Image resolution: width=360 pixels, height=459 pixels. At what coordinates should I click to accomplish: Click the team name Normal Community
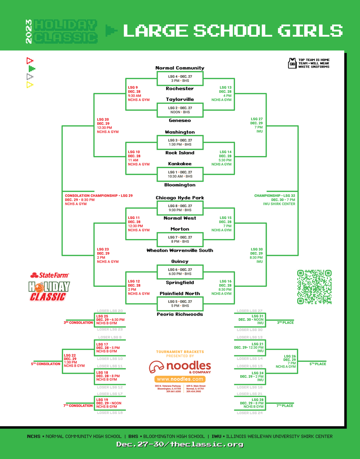click(x=180, y=68)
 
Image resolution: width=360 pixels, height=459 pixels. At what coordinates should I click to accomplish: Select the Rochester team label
click(x=180, y=89)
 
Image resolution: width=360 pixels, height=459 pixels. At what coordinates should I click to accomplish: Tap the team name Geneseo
click(x=180, y=120)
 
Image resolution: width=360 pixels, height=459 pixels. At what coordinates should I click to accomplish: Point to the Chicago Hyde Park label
click(x=180, y=198)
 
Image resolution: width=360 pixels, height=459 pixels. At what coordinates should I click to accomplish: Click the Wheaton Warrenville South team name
click(x=180, y=251)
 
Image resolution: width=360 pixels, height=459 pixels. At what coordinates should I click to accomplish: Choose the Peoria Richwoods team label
click(x=180, y=314)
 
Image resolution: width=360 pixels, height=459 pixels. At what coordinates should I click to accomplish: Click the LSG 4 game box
click(x=180, y=78)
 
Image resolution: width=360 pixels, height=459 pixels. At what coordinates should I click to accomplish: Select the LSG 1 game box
click(x=180, y=174)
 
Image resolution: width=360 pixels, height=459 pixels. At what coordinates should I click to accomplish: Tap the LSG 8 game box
click(x=180, y=208)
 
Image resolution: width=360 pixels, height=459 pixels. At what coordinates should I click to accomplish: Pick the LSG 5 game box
click(x=180, y=304)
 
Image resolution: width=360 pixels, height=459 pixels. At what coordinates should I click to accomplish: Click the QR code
click(x=314, y=287)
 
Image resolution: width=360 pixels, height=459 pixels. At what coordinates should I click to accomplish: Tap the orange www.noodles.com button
click(x=180, y=379)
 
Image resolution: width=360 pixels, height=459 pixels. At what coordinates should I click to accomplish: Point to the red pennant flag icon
click(x=29, y=60)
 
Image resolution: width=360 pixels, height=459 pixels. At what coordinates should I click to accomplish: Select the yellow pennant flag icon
click(x=29, y=85)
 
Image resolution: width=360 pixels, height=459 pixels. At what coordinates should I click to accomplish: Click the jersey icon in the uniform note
click(x=292, y=63)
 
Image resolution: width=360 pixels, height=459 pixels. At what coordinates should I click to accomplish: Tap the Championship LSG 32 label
click(x=275, y=196)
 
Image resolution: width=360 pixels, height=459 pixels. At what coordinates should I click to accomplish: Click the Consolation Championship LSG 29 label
click(x=99, y=196)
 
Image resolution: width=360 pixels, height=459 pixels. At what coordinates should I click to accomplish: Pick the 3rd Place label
click(x=285, y=323)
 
